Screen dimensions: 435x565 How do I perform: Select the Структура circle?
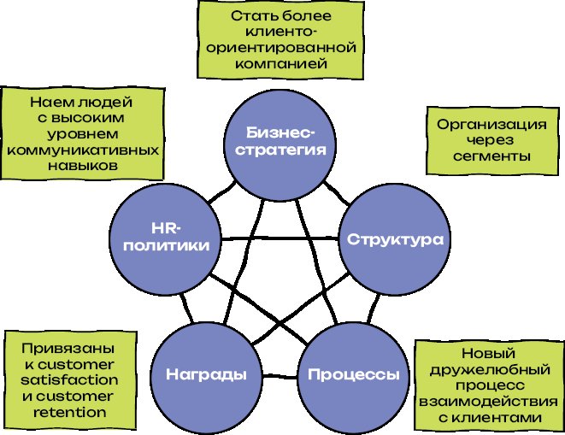pyautogui.click(x=394, y=239)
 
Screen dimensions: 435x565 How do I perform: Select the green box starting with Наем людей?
pyautogui.click(x=84, y=133)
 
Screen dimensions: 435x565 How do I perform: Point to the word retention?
pyautogui.click(x=72, y=412)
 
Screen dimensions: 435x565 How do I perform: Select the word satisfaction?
pyautogui.click(x=72, y=381)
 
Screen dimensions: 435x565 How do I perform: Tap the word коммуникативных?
pyautogui.click(x=84, y=150)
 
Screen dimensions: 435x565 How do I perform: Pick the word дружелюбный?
pyautogui.click(x=487, y=369)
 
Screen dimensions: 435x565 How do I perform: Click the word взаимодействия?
pyautogui.click(x=487, y=401)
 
